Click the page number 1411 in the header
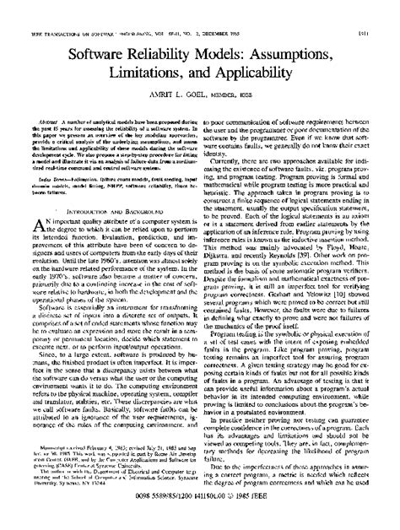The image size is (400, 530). click(386, 11)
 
